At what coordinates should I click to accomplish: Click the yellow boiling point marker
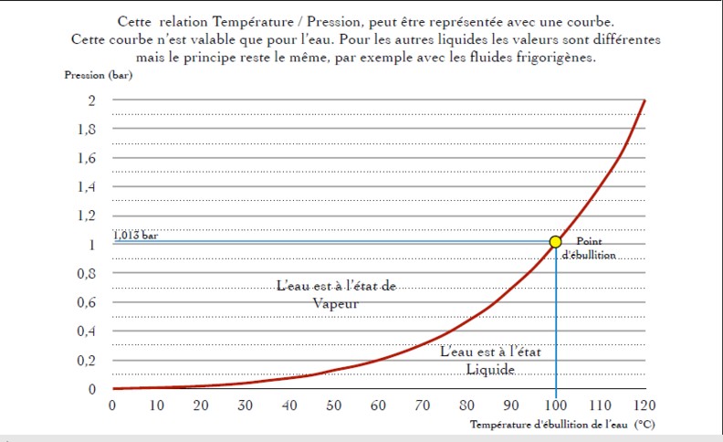click(555, 242)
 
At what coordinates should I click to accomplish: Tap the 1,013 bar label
click(136, 235)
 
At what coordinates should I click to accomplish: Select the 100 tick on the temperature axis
click(555, 405)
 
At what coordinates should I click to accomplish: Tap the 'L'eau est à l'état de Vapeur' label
click(337, 294)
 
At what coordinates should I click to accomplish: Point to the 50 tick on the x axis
click(333, 405)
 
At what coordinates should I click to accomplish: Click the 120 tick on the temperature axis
click(644, 405)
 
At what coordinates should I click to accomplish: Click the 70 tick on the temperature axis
click(422, 405)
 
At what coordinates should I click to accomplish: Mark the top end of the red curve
click(644, 100)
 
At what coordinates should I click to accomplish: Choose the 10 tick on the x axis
click(156, 405)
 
